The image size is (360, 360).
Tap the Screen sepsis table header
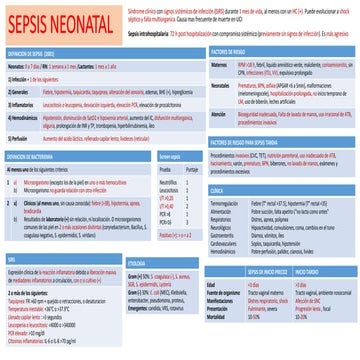(x=173, y=157)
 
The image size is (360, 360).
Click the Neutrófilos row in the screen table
(x=171, y=181)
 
